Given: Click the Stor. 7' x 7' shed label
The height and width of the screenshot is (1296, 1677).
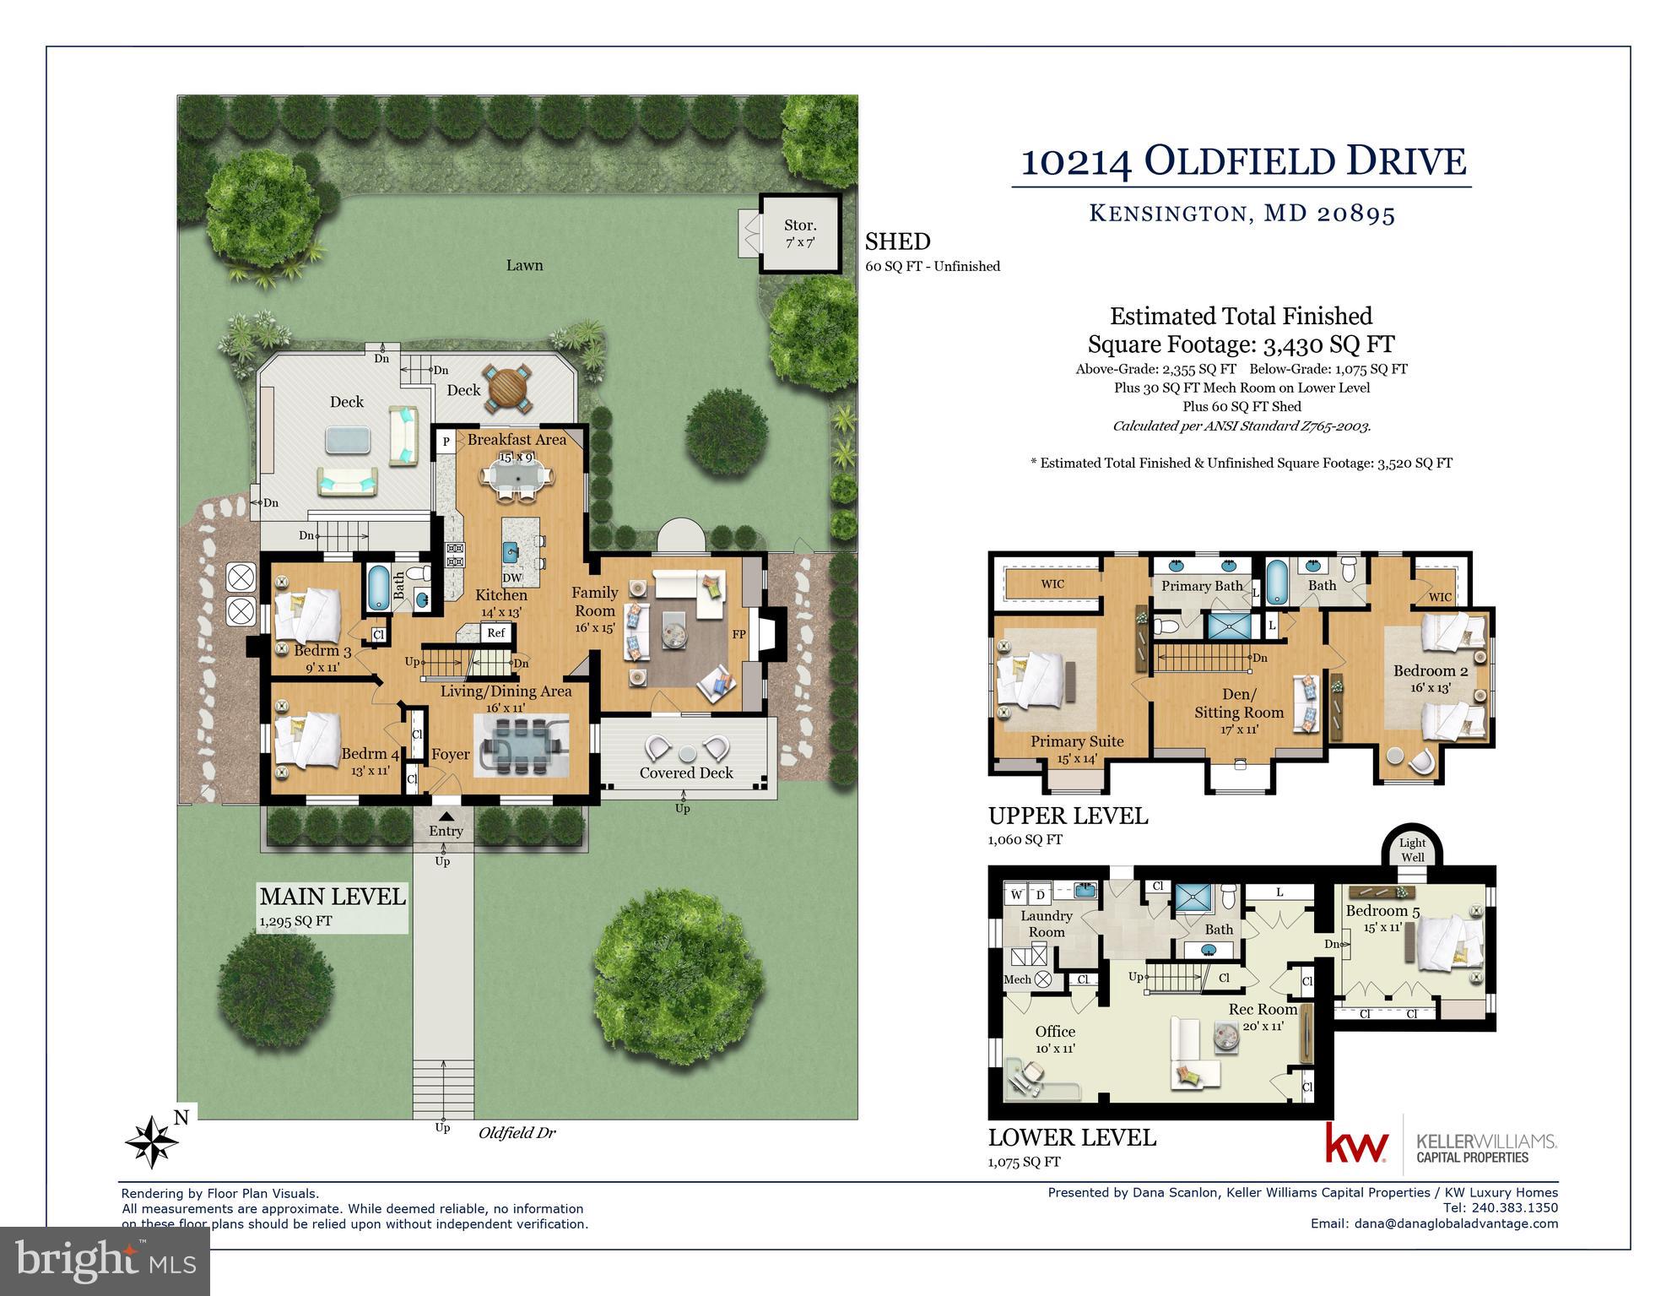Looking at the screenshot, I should (x=800, y=233).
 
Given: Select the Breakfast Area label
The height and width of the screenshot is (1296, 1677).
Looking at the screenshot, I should (x=517, y=440).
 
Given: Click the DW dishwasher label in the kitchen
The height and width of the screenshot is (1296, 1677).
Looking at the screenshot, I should (x=512, y=578).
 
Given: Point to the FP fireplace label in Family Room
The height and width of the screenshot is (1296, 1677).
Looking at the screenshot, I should (x=738, y=634).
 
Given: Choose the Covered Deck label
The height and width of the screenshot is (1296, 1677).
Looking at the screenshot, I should (x=685, y=773).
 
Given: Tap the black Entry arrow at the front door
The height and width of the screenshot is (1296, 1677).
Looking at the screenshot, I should (x=446, y=816).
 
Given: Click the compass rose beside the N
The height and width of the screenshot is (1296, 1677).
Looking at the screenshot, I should (x=152, y=1141).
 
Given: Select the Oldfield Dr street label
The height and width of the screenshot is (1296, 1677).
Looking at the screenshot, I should (x=517, y=1133).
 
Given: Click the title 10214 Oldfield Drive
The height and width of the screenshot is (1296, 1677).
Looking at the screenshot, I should (x=1243, y=161).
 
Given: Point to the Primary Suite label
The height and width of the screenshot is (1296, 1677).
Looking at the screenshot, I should (x=1076, y=741).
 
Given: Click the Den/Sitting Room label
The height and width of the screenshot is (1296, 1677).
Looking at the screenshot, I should (x=1238, y=703).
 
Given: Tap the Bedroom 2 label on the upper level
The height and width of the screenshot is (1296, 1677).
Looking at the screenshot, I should (x=1430, y=671).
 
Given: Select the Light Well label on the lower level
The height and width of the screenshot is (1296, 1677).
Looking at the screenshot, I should (x=1412, y=849).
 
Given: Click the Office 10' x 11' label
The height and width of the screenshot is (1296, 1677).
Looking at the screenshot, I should (x=1055, y=1038).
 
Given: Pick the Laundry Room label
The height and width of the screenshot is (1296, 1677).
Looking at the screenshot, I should (x=1046, y=924).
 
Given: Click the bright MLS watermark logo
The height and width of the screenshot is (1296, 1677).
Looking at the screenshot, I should (x=105, y=1261).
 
